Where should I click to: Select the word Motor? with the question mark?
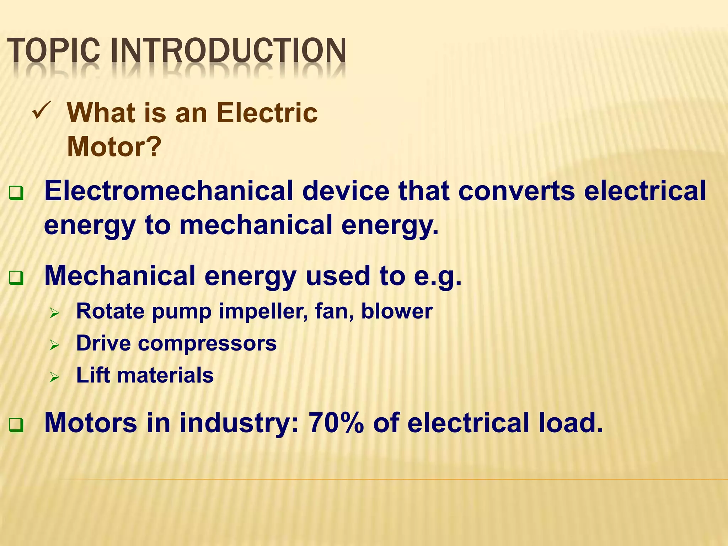click(114, 146)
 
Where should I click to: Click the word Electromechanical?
click(168, 191)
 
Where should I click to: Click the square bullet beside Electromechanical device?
click(16, 193)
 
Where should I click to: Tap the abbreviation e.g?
click(438, 277)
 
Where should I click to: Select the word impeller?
click(263, 312)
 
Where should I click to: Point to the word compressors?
click(207, 344)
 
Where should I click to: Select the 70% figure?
click(336, 423)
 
